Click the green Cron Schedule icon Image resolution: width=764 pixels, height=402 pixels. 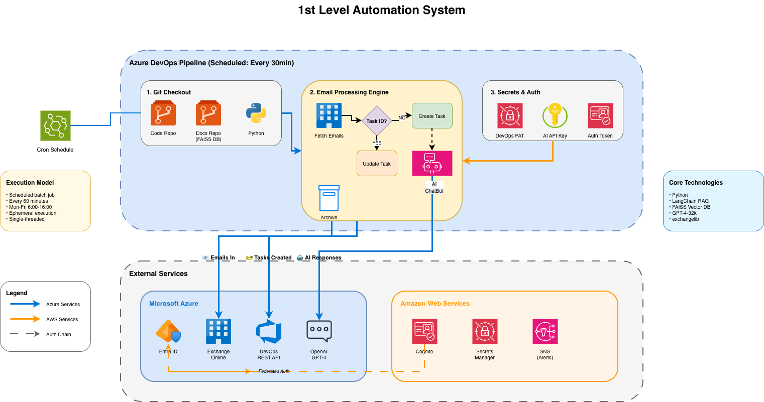pyautogui.click(x=55, y=125)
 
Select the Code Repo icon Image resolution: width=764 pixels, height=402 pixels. pyautogui.click(x=163, y=113)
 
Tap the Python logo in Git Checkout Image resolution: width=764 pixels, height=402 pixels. pyautogui.click(x=256, y=113)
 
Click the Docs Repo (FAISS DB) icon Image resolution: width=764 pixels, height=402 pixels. pyautogui.click(x=208, y=113)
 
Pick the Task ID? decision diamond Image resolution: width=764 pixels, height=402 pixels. pyautogui.click(x=377, y=121)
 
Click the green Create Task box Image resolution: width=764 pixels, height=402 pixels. pyautogui.click(x=432, y=116)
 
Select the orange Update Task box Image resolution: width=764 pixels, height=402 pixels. pyautogui.click(x=377, y=164)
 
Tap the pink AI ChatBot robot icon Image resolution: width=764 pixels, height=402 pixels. pyautogui.click(x=432, y=163)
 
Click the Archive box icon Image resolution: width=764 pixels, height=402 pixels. pyautogui.click(x=329, y=199)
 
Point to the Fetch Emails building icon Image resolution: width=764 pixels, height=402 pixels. pyautogui.click(x=329, y=116)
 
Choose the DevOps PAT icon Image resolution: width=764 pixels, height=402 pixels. pyautogui.click(x=510, y=116)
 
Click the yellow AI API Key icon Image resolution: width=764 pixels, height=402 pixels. pyautogui.click(x=555, y=116)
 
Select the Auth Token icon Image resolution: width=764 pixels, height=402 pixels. pyautogui.click(x=600, y=116)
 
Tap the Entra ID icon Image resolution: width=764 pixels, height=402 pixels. pyautogui.click(x=168, y=332)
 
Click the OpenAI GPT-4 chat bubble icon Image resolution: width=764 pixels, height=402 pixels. pyautogui.click(x=319, y=331)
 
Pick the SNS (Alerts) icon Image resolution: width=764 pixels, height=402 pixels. pyautogui.click(x=545, y=332)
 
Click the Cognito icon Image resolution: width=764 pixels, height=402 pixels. pyautogui.click(x=424, y=332)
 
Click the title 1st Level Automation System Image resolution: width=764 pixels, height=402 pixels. pyautogui.click(x=382, y=10)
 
